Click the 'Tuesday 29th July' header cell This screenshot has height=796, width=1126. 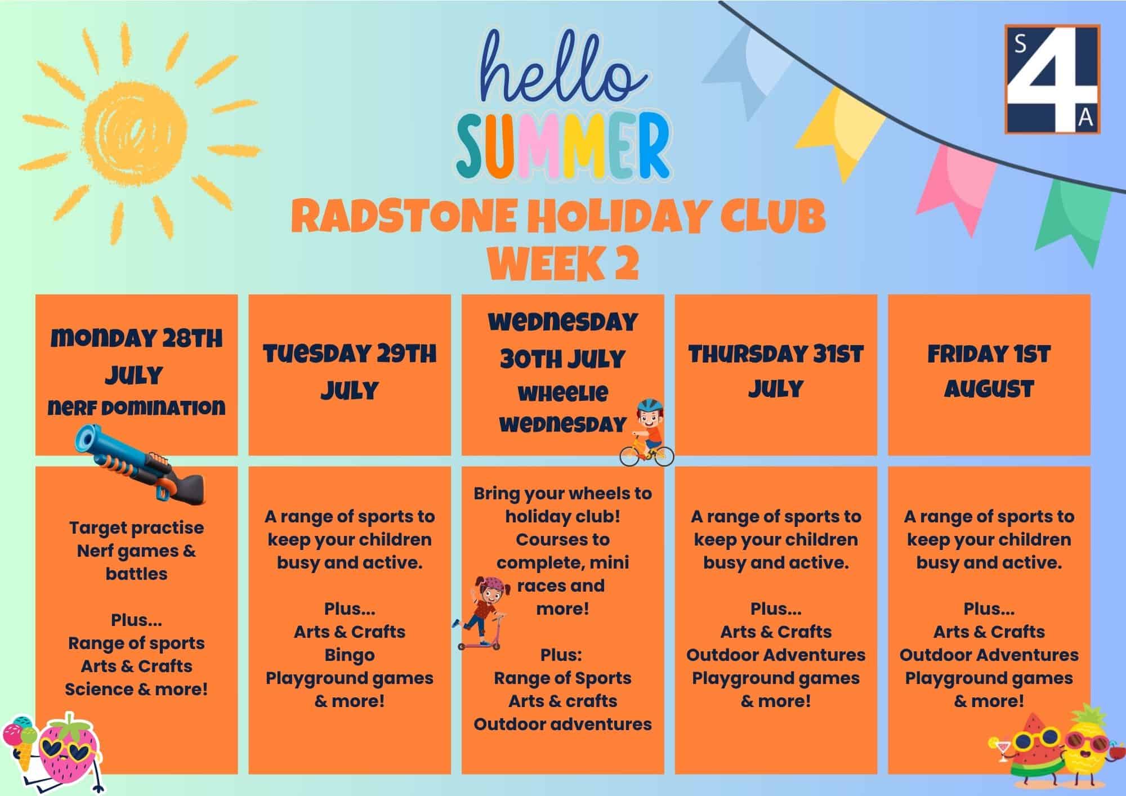click(350, 375)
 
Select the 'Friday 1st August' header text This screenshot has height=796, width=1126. click(989, 372)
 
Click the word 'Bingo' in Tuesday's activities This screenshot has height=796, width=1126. click(350, 655)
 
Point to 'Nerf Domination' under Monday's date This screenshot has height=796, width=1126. click(137, 407)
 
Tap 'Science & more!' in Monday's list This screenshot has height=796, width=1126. click(136, 689)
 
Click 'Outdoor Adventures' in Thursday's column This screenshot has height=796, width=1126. click(776, 655)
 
